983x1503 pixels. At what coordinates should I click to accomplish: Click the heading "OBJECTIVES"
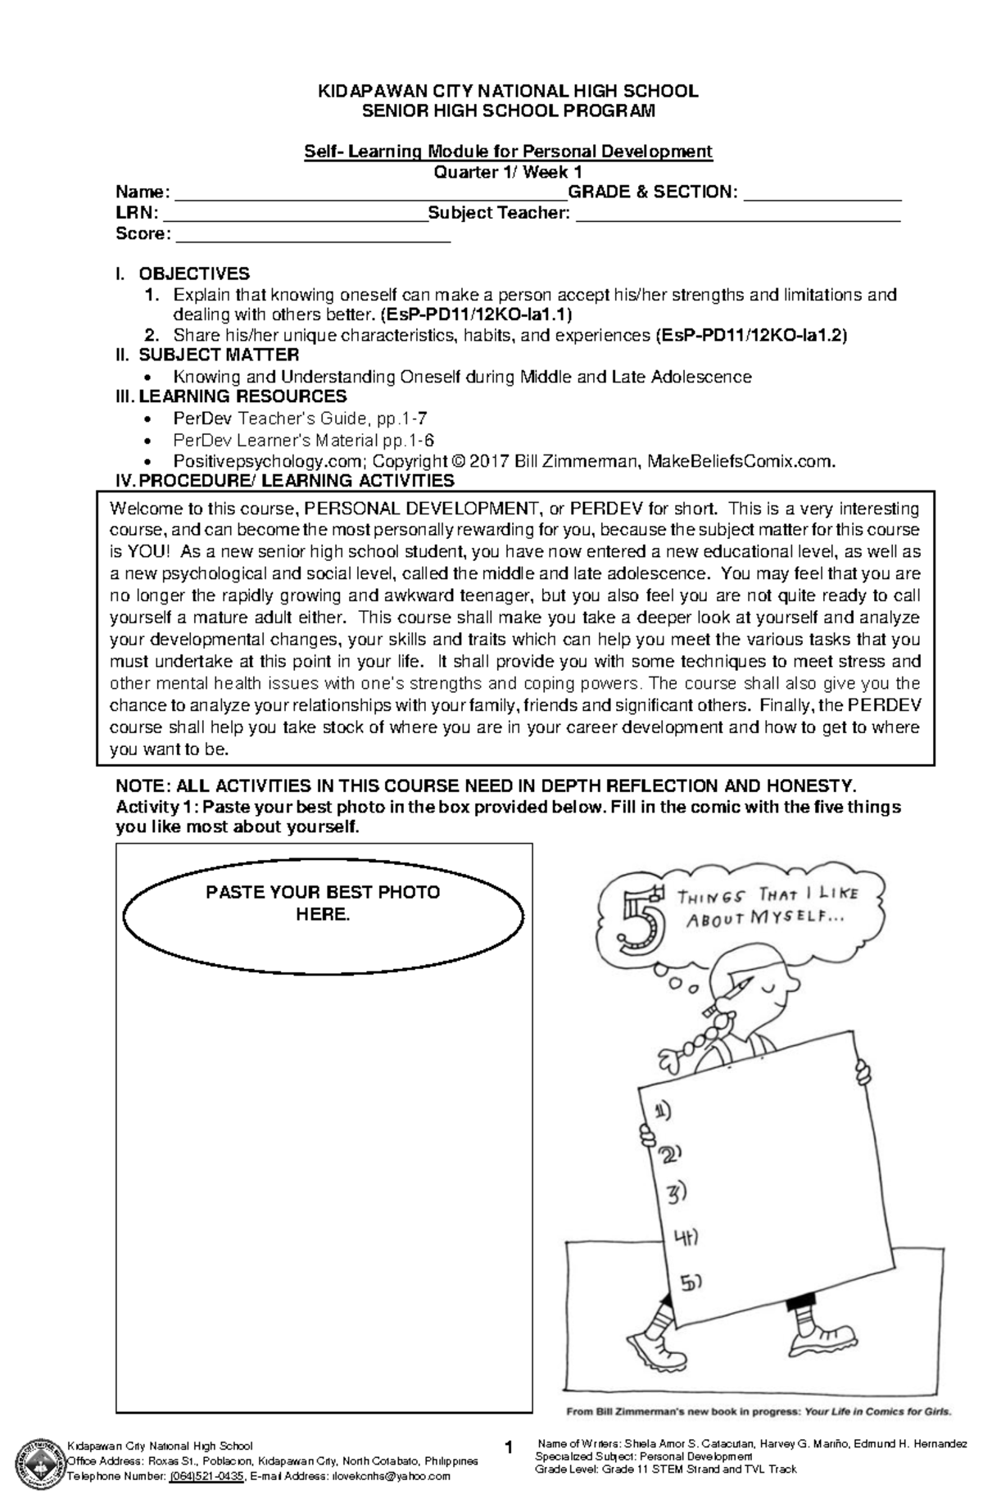pyautogui.click(x=194, y=274)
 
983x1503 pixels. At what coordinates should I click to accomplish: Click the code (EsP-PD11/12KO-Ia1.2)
pyautogui.click(x=751, y=335)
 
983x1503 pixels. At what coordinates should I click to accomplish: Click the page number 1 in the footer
pyautogui.click(x=509, y=1449)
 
